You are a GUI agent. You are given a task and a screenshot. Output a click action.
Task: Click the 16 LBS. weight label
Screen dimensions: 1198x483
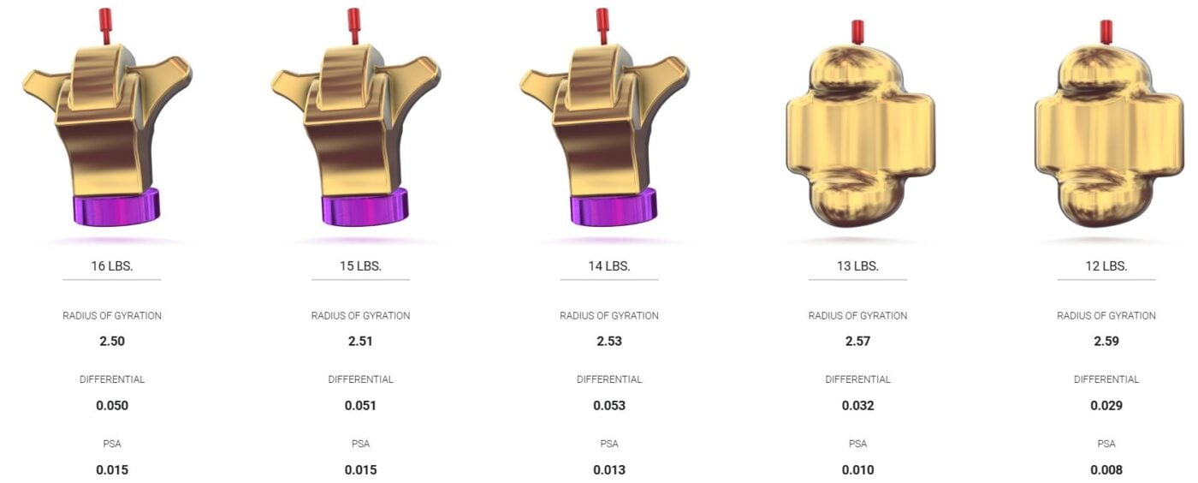tap(112, 266)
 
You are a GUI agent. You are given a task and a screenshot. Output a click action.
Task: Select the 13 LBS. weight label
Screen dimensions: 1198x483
tap(857, 266)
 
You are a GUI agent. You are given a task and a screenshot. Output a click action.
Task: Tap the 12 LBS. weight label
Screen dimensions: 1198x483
tap(1106, 266)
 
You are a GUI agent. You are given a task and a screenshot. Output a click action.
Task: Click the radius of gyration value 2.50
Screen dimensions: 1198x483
tap(112, 341)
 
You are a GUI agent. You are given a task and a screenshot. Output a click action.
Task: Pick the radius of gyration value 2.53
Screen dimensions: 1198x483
tap(609, 341)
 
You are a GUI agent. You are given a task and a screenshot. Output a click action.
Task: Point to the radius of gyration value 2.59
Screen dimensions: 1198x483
tap(1106, 341)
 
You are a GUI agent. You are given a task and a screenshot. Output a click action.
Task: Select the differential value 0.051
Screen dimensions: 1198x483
tap(360, 405)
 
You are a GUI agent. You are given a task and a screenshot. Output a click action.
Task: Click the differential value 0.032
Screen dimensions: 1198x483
tap(857, 405)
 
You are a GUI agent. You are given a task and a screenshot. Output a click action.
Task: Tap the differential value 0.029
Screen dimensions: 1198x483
tap(1106, 405)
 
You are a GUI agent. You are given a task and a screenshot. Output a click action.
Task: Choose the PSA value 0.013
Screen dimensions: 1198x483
tap(609, 469)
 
